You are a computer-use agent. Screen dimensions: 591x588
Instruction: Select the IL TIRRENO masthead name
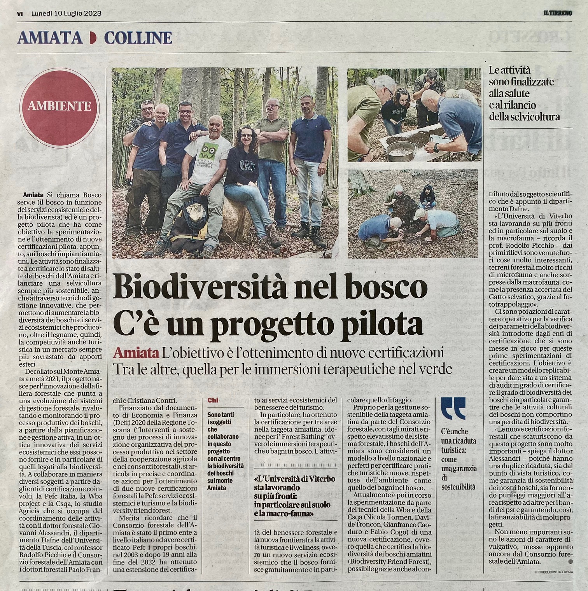tap(557, 13)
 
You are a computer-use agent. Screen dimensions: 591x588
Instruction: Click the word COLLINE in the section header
tap(138, 38)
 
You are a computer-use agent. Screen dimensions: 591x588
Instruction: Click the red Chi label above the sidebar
tap(212, 400)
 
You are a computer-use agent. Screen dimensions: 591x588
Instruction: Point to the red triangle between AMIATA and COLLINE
tap(93, 38)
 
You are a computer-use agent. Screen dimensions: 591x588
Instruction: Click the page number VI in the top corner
tap(20, 13)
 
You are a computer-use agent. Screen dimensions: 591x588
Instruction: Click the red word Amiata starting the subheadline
tap(136, 353)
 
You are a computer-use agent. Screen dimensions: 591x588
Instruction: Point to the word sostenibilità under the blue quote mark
tap(458, 486)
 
